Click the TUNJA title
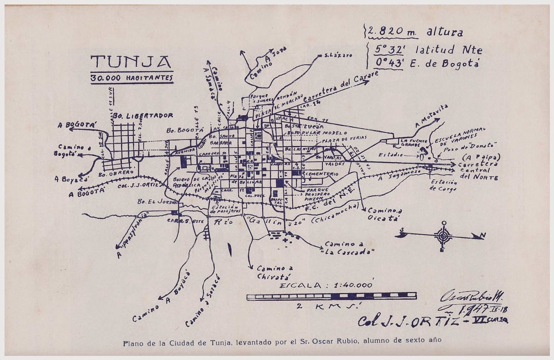click(x=131, y=61)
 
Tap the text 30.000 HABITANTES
click(x=131, y=78)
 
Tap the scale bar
click(x=331, y=296)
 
